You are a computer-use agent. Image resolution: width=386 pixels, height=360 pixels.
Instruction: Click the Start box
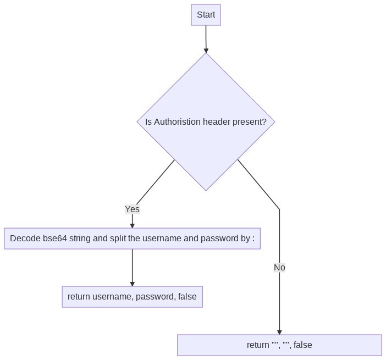206,15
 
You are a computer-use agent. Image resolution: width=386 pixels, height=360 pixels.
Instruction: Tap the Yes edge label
132,209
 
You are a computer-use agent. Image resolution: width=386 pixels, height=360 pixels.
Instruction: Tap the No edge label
279,268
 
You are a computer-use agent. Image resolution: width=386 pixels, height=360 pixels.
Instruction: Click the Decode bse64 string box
132,239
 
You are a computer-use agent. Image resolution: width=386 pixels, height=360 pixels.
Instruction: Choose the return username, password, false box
132,297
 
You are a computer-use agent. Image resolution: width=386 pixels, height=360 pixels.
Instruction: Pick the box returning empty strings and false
279,345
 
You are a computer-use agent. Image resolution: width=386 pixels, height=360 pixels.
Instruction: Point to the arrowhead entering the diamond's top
206,50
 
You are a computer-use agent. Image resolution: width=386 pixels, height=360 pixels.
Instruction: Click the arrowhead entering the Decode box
132,225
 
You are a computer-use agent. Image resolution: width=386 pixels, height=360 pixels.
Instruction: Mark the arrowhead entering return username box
132,284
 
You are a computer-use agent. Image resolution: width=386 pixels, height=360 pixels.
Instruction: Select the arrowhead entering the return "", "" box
279,332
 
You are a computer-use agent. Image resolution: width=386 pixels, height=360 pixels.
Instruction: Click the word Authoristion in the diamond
177,122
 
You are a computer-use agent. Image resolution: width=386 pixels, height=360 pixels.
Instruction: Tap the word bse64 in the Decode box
54,239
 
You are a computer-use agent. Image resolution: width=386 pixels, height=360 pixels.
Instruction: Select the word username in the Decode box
162,239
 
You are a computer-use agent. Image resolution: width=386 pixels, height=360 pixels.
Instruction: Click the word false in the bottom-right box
302,345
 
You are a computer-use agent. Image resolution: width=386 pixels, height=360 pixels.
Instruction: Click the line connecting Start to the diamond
206,36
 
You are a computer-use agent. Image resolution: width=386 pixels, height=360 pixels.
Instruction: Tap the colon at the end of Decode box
253,239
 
